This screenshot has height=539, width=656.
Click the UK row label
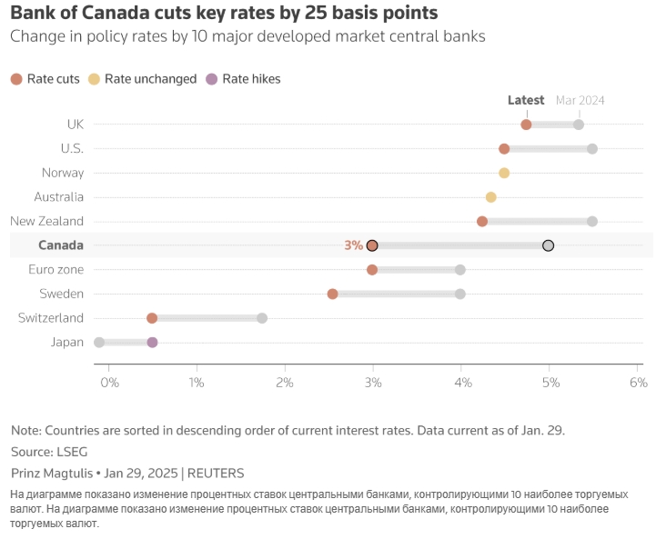pos(76,124)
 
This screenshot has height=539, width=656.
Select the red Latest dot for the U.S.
pos(504,148)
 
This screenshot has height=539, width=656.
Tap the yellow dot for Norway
pos(504,173)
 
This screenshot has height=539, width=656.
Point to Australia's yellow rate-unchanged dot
pos(491,197)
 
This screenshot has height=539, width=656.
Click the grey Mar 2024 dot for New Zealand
pos(592,221)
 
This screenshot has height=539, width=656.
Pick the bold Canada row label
pos(61,245)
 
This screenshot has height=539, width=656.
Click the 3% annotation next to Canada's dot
pos(353,245)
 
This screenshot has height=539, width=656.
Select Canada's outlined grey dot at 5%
pos(548,245)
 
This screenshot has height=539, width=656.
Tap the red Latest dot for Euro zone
pos(372,270)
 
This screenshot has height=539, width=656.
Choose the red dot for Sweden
pos(333,294)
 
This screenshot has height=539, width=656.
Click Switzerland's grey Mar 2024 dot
pos(262,318)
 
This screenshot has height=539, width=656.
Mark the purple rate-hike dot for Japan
pos(152,343)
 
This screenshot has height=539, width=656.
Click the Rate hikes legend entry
pos(243,79)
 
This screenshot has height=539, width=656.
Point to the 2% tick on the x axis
pos(285,383)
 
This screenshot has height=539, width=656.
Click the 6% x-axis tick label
pos(637,383)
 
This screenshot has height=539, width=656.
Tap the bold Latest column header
pos(526,100)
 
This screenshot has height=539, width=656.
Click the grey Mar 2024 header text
pos(580,100)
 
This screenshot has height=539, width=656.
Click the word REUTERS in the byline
pos(217,473)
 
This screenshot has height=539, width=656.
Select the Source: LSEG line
pos(50,452)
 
